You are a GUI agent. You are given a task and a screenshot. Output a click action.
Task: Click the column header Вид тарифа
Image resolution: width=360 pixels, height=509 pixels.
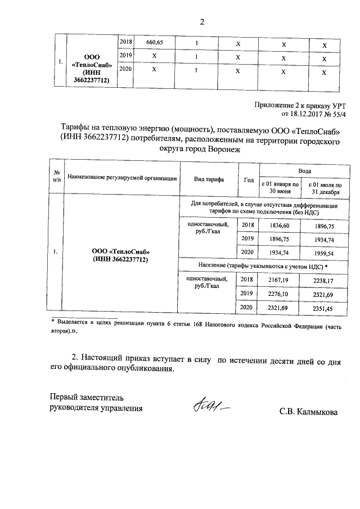(209, 179)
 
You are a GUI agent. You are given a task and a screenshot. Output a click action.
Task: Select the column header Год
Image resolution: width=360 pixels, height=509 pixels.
(249, 179)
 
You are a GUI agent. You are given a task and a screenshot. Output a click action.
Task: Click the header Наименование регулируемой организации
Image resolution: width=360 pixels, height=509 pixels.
(122, 178)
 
